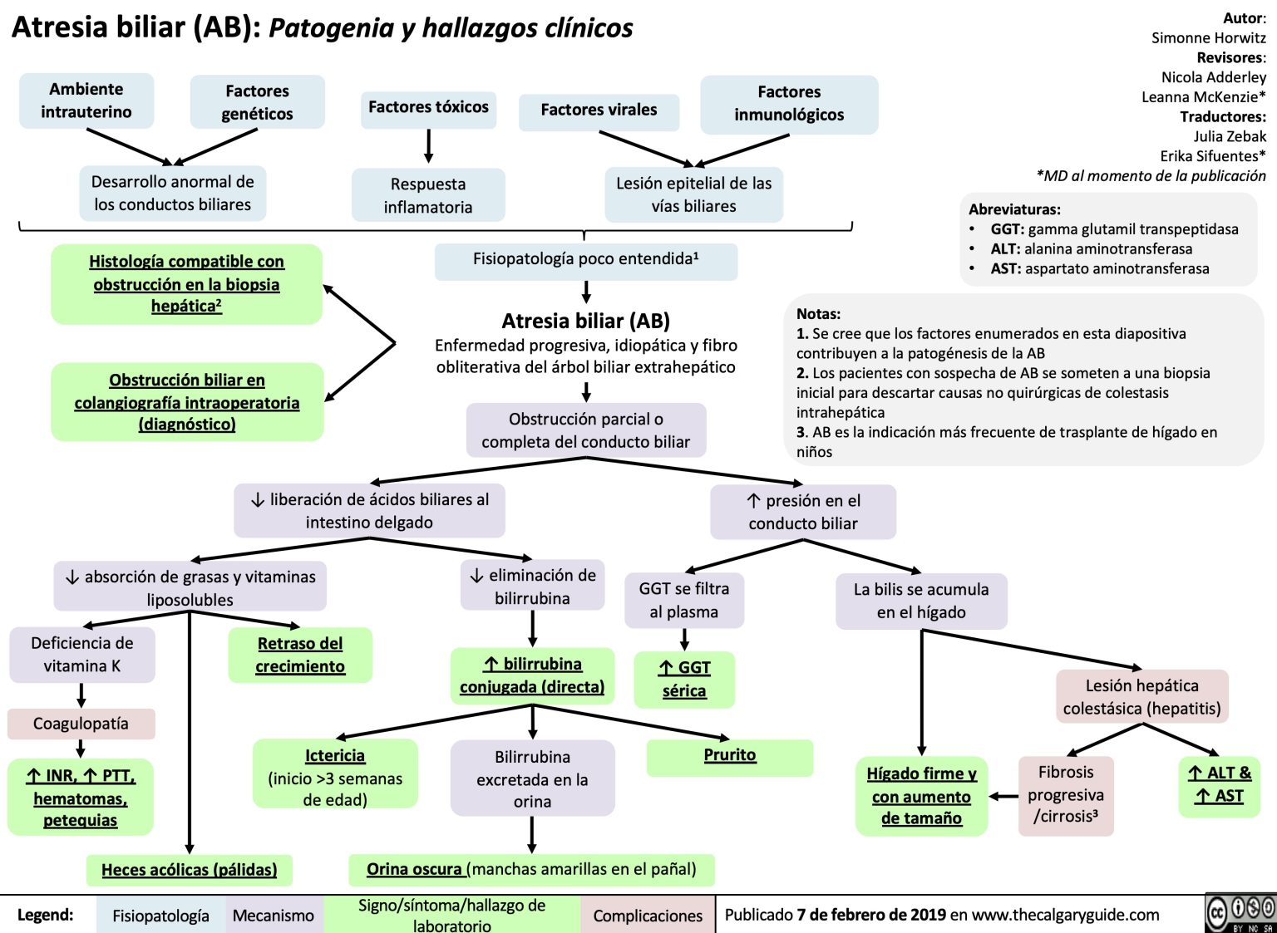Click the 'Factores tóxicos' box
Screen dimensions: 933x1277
[428, 108]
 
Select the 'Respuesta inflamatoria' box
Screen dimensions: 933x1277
[428, 196]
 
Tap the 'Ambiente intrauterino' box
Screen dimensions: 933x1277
[86, 101]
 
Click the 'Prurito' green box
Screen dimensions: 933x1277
[730, 756]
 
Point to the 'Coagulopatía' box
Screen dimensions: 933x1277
[81, 724]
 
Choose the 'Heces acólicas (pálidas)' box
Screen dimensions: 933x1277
[190, 870]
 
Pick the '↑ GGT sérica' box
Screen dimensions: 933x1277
[684, 680]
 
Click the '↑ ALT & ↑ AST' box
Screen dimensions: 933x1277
[1219, 784]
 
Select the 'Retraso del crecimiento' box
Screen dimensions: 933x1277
[300, 655]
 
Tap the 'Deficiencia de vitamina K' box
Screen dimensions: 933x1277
[81, 655]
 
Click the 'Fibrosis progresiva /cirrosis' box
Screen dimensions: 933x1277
[1066, 794]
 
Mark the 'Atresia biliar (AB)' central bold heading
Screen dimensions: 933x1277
[585, 321]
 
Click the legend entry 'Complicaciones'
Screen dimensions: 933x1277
[648, 916]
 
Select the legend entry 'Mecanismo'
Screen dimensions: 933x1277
[273, 916]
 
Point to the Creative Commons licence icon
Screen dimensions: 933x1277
[1240, 912]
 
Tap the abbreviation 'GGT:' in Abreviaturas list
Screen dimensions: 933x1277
[1008, 229]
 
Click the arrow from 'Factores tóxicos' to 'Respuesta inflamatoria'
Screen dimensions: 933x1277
[428, 147]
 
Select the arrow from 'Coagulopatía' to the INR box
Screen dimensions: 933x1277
[81, 748]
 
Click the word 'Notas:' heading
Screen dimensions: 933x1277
[818, 314]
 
